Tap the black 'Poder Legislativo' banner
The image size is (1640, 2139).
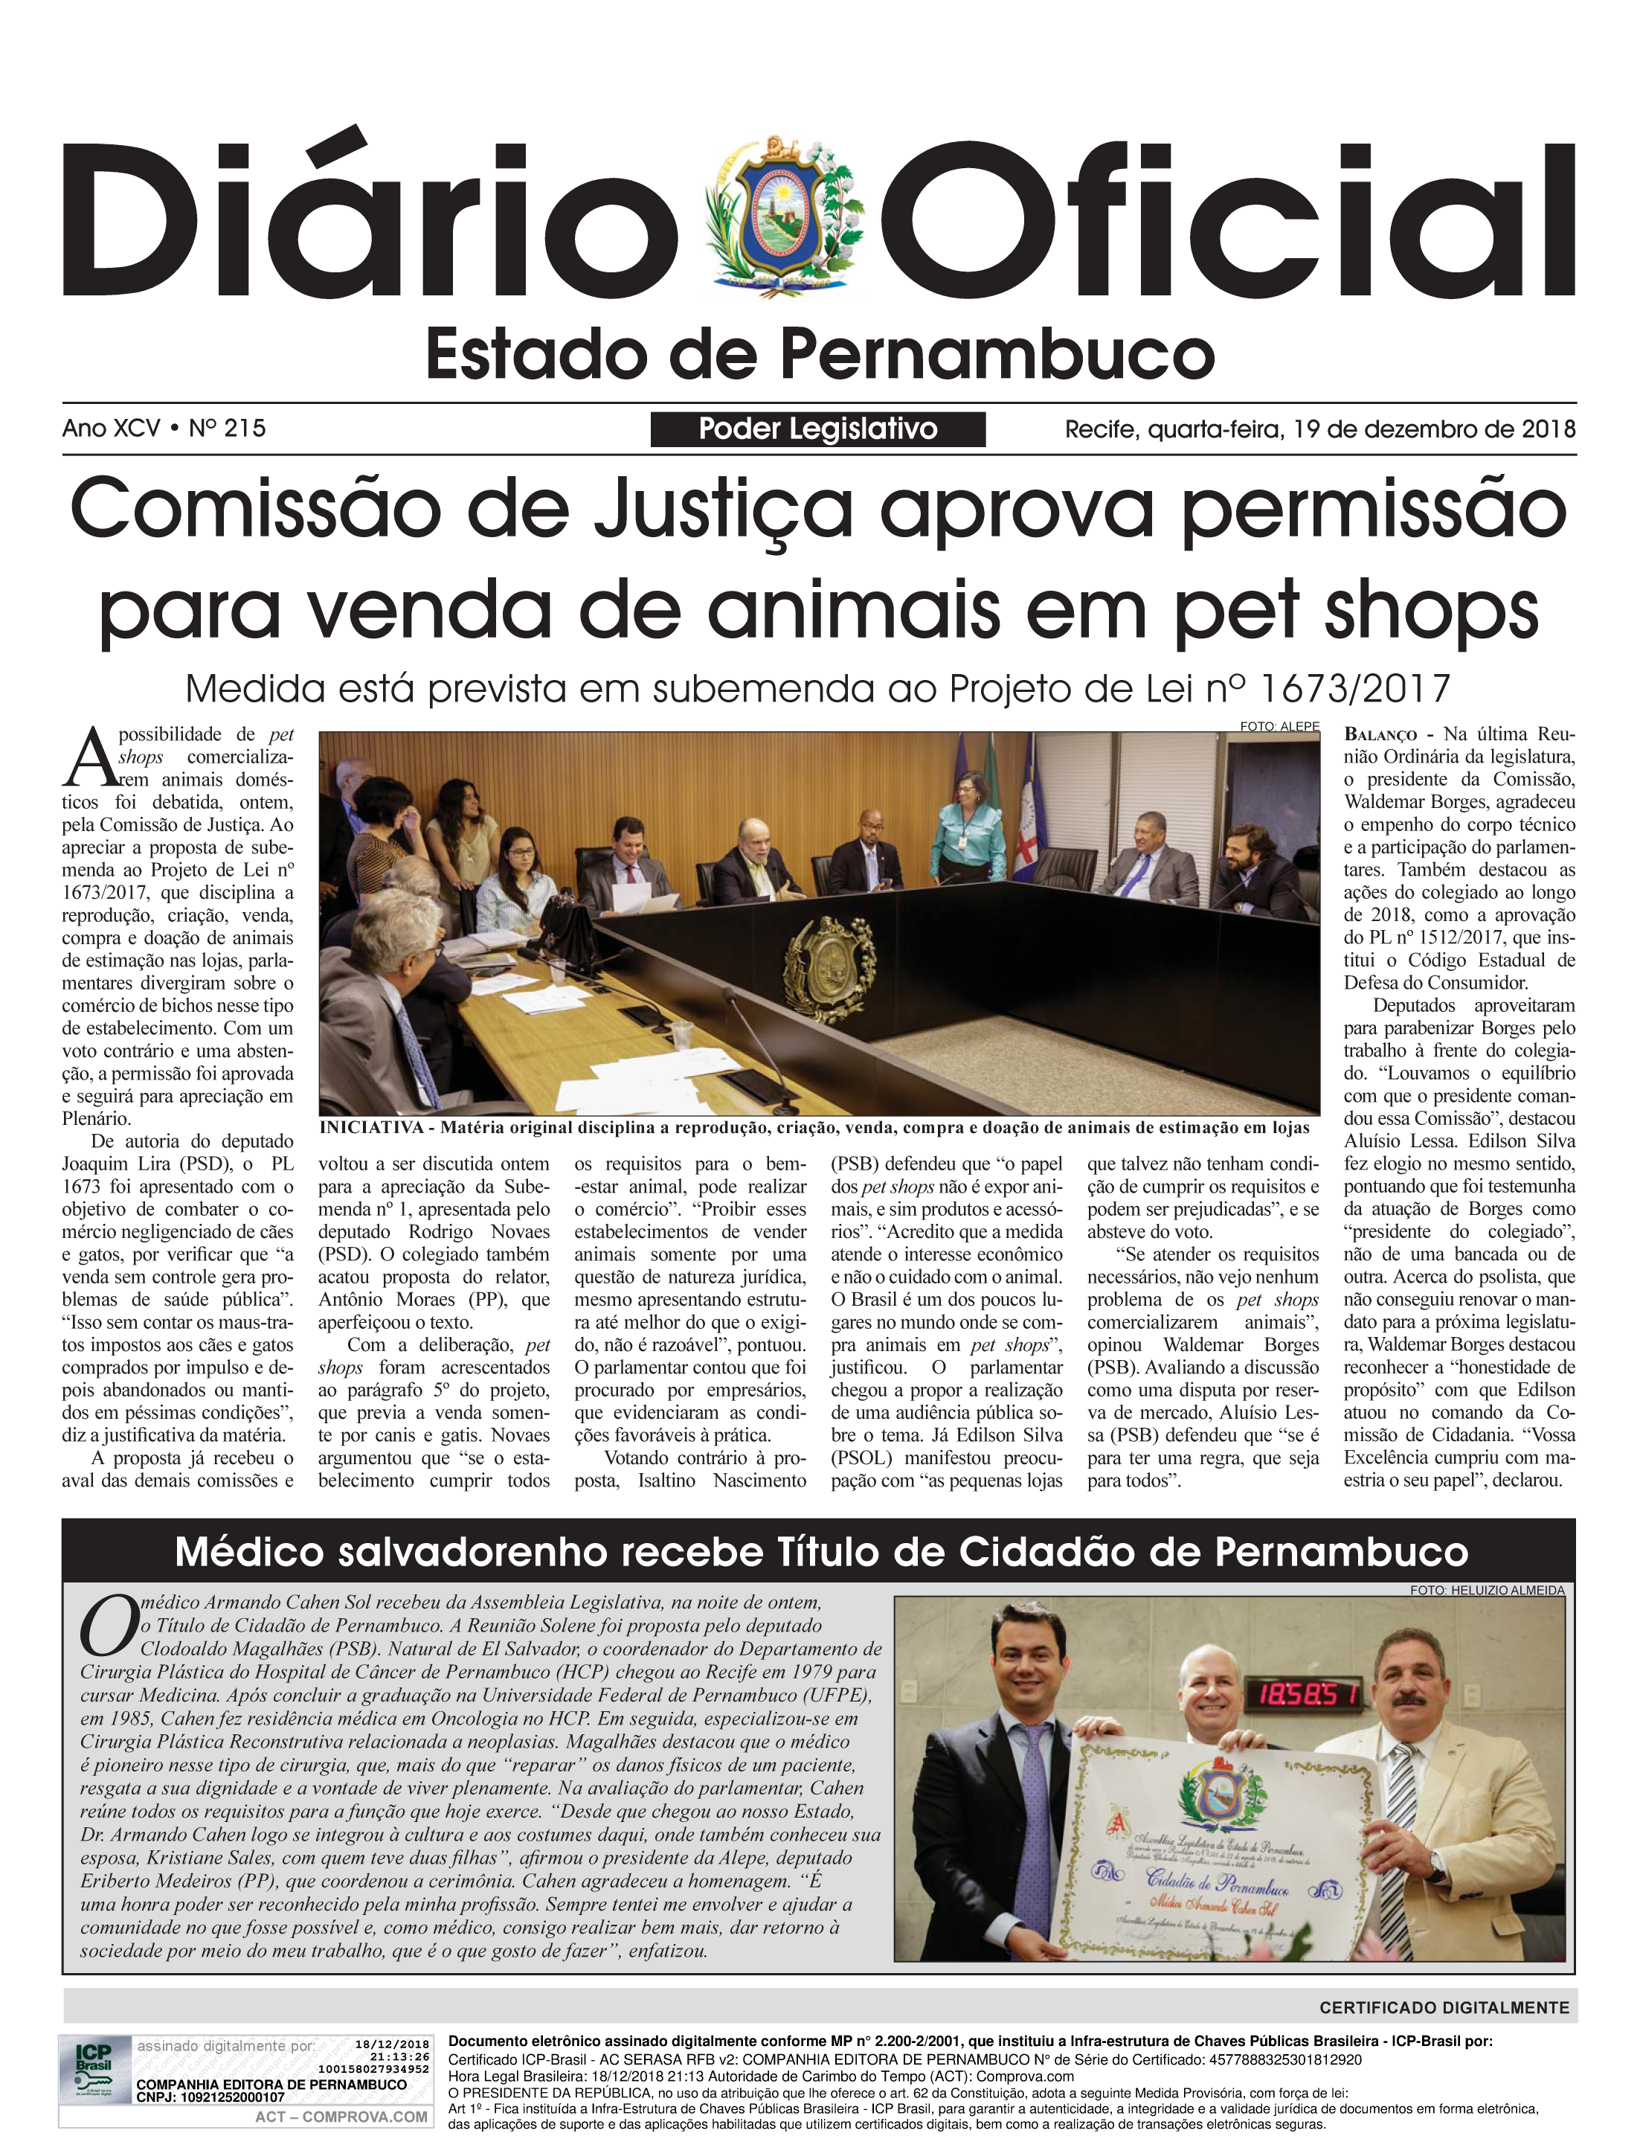coord(818,429)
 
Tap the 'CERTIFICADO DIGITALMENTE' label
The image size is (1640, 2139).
coord(1444,2008)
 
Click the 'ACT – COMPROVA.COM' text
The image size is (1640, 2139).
coord(341,2117)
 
